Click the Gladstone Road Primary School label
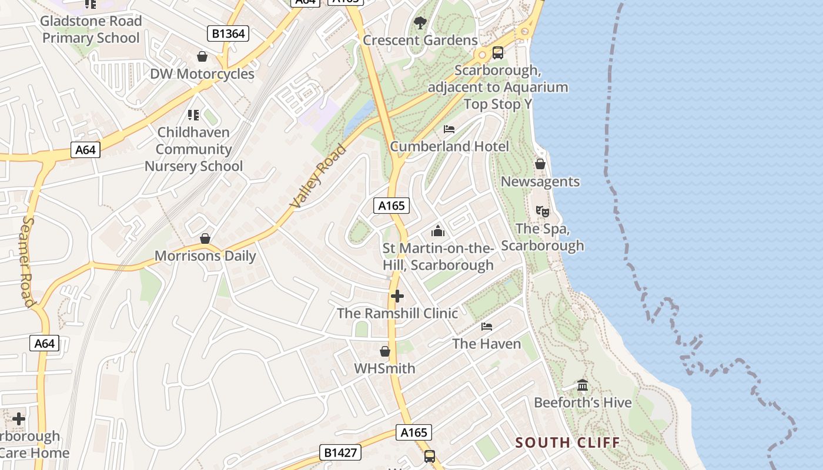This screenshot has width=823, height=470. coord(92,29)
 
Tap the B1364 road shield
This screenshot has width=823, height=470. coord(228,33)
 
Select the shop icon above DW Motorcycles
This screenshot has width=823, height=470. coord(202,56)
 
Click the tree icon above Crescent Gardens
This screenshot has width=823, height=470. coord(420,23)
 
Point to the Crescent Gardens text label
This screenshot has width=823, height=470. coord(420,41)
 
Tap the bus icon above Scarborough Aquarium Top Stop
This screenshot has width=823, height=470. coord(498,53)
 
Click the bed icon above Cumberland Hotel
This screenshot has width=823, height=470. coord(449,129)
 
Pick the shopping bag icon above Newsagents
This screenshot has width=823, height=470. coord(540,164)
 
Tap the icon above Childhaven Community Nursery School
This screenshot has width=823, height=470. coord(193,115)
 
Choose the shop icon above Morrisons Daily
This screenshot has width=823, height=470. coord(205,239)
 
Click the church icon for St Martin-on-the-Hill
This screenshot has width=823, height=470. coord(438,231)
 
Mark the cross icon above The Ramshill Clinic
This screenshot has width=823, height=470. coord(397,296)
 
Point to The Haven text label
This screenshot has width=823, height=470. coord(486,344)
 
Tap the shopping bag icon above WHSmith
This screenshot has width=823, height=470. coord(385,351)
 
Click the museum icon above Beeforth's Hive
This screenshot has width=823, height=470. coord(583,385)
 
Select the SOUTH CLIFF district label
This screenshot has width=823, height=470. coord(567,442)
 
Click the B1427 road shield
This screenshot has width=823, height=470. coord(340,452)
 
